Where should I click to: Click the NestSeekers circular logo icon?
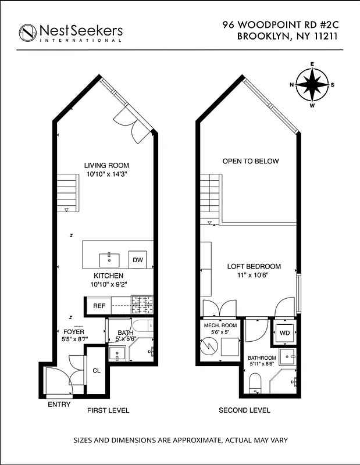click(x=27, y=33)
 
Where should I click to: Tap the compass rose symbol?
click(x=312, y=85)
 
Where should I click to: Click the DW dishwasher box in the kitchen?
click(x=138, y=260)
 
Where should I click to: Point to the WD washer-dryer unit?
click(x=285, y=333)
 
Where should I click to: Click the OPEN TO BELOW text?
click(x=251, y=161)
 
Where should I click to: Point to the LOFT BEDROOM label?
click(x=254, y=267)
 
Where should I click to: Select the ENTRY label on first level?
click(x=59, y=405)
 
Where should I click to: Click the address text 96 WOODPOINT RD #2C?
click(x=280, y=25)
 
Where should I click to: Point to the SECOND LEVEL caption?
click(x=244, y=410)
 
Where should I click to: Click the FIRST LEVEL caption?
click(x=108, y=410)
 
